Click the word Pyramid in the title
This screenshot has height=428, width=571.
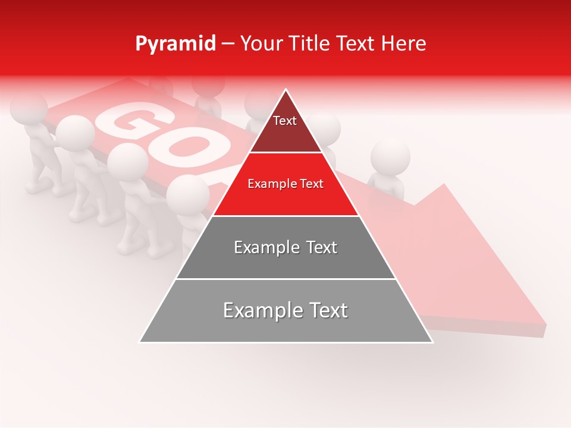(175, 44)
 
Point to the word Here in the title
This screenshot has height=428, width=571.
(404, 43)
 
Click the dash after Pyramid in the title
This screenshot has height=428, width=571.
(228, 44)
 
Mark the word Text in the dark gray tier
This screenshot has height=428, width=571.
(319, 247)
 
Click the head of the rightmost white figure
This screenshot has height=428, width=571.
(390, 157)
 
